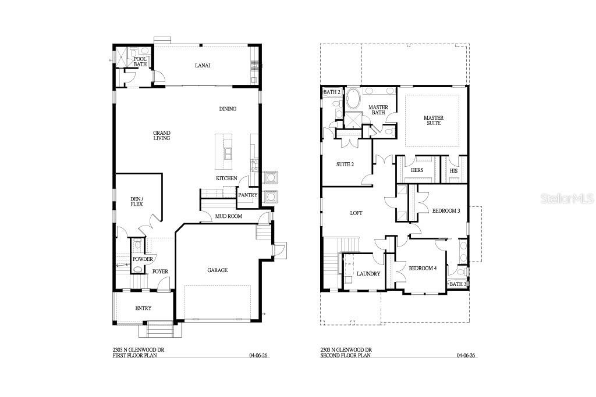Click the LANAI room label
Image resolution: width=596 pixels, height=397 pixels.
pyautogui.click(x=202, y=66)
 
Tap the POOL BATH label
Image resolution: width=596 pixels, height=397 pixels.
pyautogui.click(x=140, y=62)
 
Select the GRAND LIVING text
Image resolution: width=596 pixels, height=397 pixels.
pyautogui.click(x=162, y=135)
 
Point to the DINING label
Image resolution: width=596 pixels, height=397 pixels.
pyautogui.click(x=228, y=109)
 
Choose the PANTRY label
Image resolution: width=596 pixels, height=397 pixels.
pyautogui.click(x=247, y=195)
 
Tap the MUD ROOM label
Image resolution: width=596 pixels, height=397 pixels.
pyautogui.click(x=229, y=216)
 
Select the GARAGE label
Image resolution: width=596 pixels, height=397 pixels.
pyautogui.click(x=218, y=270)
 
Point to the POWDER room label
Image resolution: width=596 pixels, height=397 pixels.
pyautogui.click(x=143, y=259)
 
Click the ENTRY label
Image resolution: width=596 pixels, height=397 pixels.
pyautogui.click(x=143, y=308)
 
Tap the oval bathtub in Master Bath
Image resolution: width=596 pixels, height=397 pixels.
pyautogui.click(x=354, y=99)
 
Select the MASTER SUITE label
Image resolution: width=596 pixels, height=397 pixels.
pyautogui.click(x=433, y=121)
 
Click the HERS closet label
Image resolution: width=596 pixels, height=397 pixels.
pyautogui.click(x=417, y=170)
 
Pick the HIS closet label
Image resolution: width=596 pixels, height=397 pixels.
pyautogui.click(x=454, y=170)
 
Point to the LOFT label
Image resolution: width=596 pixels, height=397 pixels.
pyautogui.click(x=356, y=213)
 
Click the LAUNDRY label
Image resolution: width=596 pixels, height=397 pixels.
pyautogui.click(x=368, y=273)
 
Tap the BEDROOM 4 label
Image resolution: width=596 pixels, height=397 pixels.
pyautogui.click(x=422, y=268)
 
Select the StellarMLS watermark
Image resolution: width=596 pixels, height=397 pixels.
pyautogui.click(x=567, y=199)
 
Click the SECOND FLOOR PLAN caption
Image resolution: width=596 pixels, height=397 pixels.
pyautogui.click(x=345, y=355)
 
